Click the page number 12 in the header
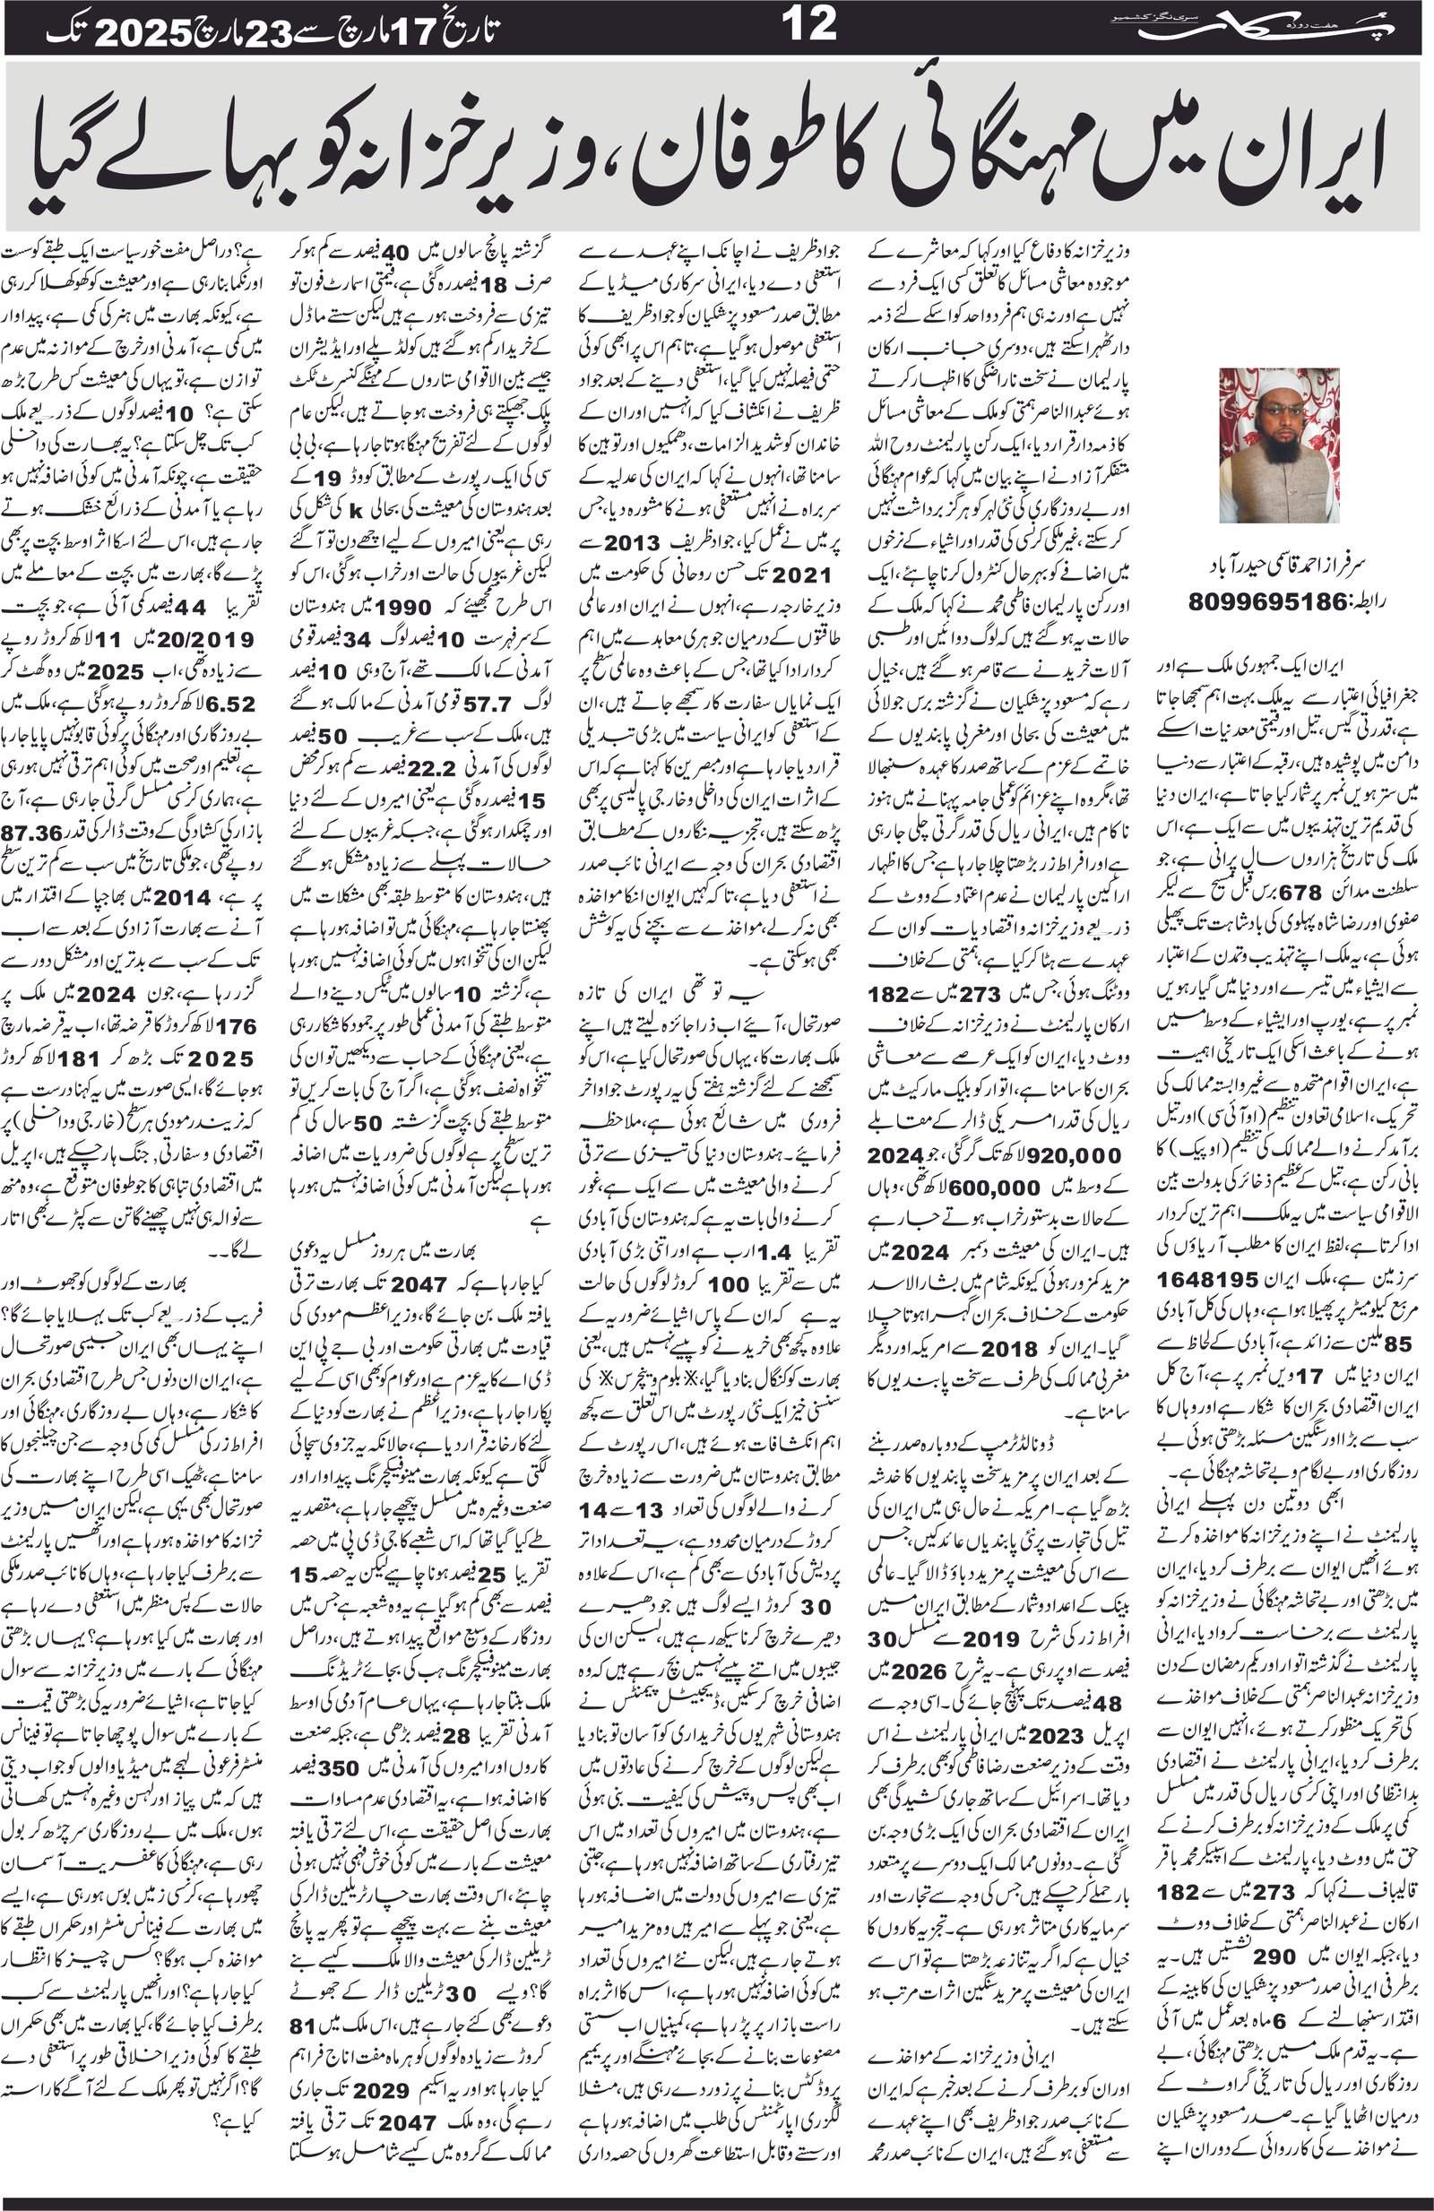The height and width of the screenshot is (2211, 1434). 809,25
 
